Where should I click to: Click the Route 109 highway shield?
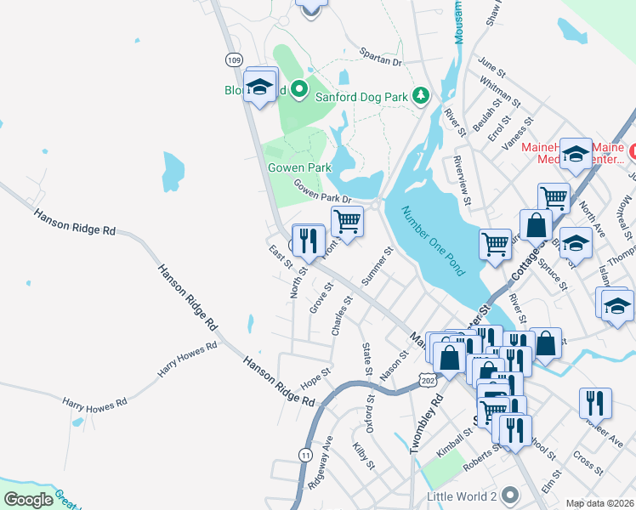coord(235,59)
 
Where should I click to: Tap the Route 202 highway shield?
coord(427,382)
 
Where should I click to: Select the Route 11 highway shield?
coord(304,456)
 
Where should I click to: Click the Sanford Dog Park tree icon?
coord(419,96)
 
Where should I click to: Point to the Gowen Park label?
coord(299,167)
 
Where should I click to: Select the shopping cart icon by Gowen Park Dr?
coord(346,223)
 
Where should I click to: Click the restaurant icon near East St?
coord(308,241)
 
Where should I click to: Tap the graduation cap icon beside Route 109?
coord(260,86)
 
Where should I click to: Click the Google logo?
coord(28,500)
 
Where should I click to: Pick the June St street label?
coord(491,65)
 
